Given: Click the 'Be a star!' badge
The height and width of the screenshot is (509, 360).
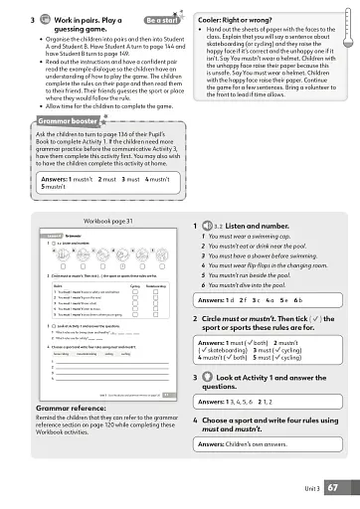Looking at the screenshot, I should (x=162, y=19).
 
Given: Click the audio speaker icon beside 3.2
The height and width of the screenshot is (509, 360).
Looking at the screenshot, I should (x=208, y=227).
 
